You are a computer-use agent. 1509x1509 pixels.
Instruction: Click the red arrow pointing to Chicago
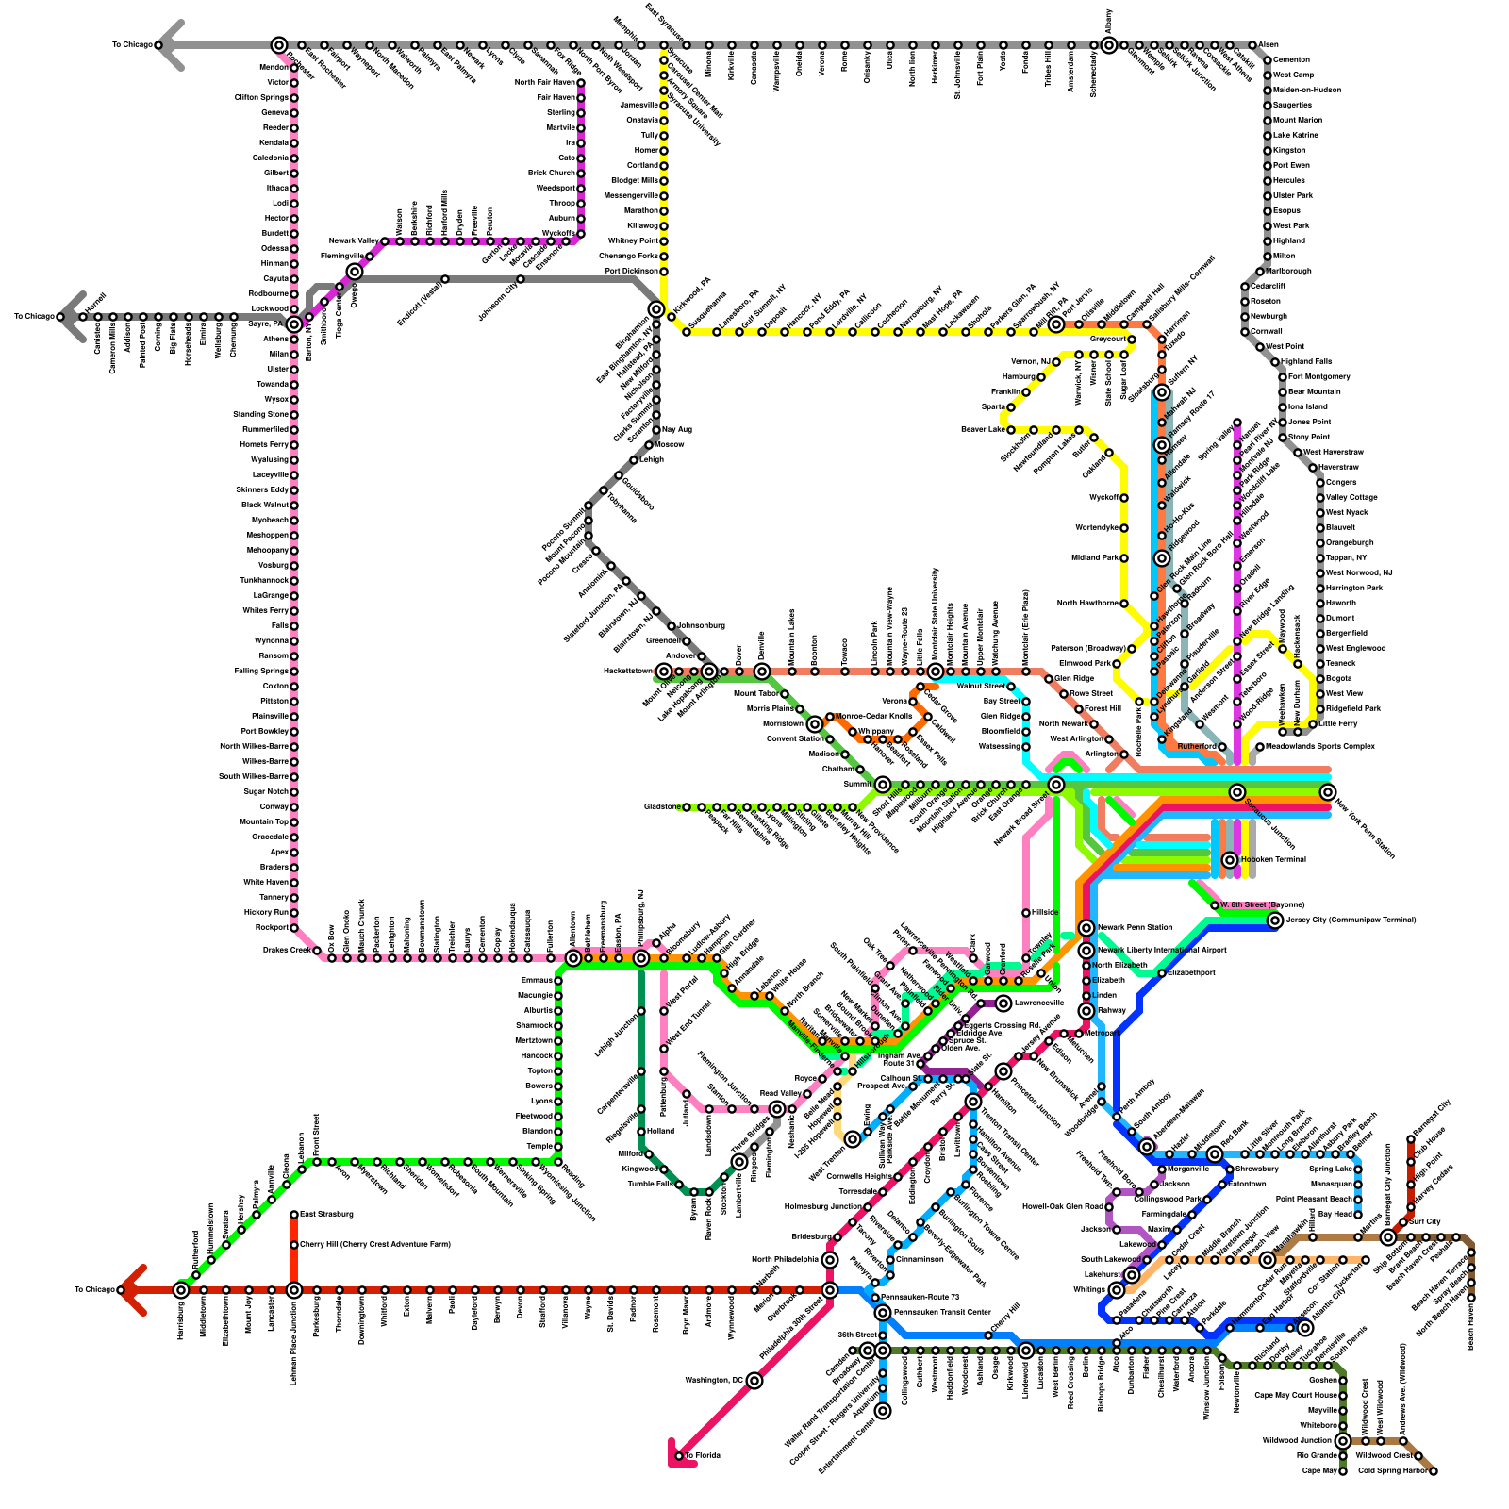click(x=132, y=1290)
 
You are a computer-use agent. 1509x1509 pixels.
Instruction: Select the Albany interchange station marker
click(x=1109, y=45)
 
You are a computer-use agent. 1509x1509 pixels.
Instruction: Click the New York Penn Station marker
click(x=1328, y=792)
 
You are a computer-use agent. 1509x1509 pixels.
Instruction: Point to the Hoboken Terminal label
click(x=1273, y=860)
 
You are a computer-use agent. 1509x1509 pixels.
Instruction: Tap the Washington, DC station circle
click(x=754, y=1381)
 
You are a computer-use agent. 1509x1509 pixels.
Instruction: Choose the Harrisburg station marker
click(x=181, y=1290)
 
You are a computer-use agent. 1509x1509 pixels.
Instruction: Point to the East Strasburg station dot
click(x=294, y=1215)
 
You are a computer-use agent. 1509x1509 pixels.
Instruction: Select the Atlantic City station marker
click(x=1305, y=1328)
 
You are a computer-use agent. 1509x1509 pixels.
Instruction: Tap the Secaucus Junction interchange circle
click(x=1237, y=792)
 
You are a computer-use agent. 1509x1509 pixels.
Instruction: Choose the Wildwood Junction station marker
click(x=1343, y=1441)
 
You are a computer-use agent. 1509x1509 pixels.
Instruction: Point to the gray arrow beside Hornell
click(x=72, y=317)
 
